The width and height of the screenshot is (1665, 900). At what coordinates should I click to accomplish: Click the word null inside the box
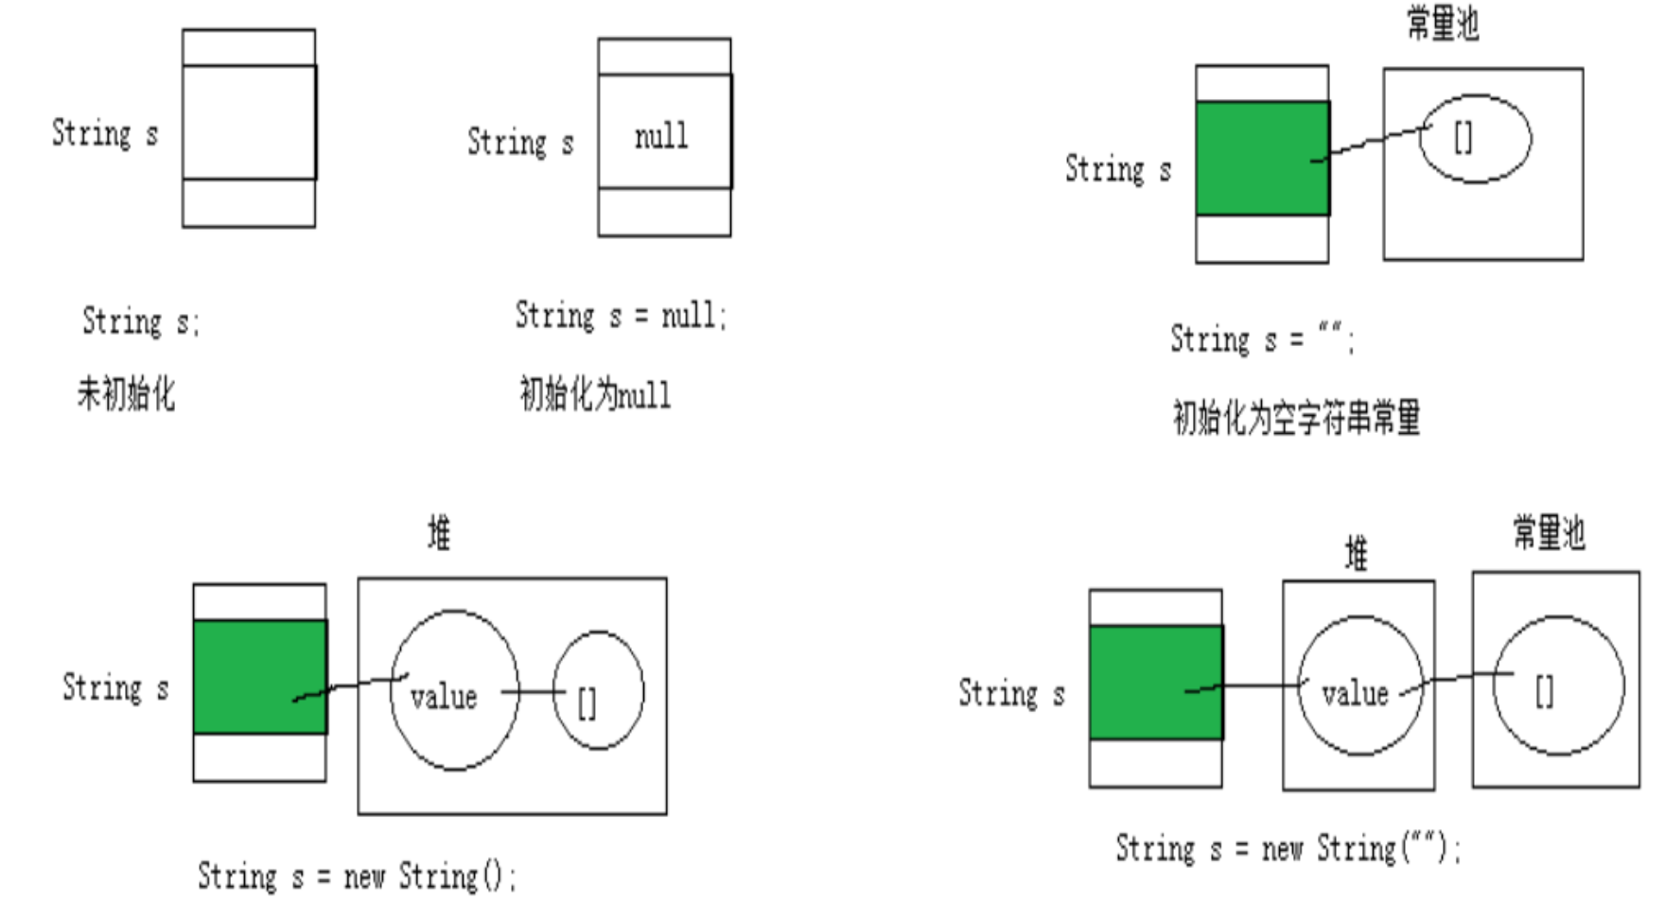[x=661, y=137]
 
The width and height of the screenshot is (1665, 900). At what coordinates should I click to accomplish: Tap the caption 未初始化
[x=126, y=392]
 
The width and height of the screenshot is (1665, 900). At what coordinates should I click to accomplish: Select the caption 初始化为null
[x=595, y=393]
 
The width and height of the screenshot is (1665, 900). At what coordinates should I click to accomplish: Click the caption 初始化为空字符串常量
[x=1296, y=417]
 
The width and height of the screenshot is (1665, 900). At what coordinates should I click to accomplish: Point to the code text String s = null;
[x=621, y=316]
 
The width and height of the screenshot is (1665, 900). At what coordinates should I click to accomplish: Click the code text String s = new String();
[x=357, y=876]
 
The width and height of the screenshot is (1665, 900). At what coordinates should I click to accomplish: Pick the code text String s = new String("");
[x=1288, y=848]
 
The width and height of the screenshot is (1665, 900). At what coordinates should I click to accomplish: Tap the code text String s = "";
[x=1262, y=338]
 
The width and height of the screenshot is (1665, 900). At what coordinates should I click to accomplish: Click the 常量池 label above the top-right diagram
[x=1442, y=24]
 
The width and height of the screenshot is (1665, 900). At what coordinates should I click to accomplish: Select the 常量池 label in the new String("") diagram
[x=1549, y=533]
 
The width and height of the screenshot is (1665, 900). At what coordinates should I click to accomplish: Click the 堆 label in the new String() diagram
[x=439, y=534]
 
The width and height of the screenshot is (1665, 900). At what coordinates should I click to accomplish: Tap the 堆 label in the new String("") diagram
[x=1357, y=554]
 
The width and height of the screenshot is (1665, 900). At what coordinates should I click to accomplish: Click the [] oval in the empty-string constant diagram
[x=1475, y=139]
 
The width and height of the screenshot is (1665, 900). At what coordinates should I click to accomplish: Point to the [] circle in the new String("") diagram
[x=1558, y=685]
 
